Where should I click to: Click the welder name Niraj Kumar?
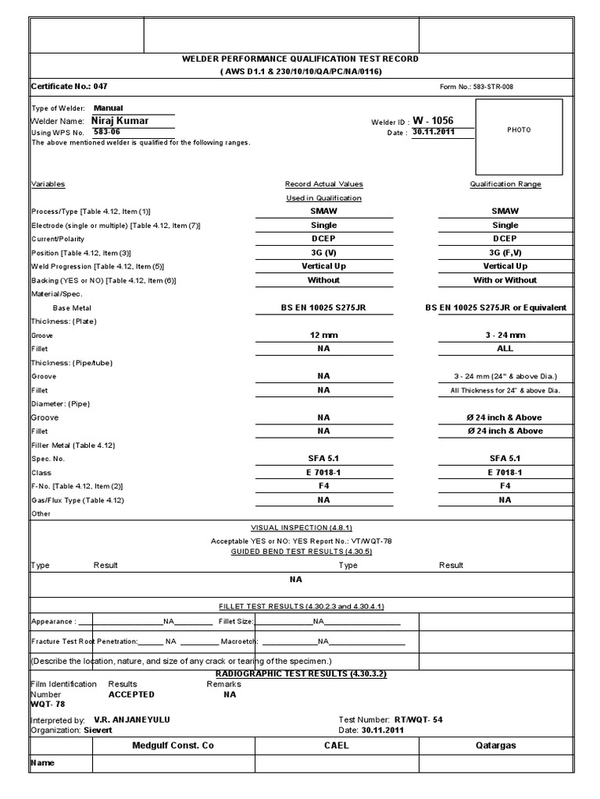pyautogui.click(x=120, y=121)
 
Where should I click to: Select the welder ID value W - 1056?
pyautogui.click(x=433, y=121)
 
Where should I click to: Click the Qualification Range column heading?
pyautogui.click(x=505, y=184)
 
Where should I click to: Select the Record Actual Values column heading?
pyautogui.click(x=323, y=184)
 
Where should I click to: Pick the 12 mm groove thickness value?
pyautogui.click(x=323, y=335)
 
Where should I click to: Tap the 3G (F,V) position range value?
pyautogui.click(x=505, y=253)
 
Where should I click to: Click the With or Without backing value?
pyautogui.click(x=505, y=280)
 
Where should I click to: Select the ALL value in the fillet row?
pyautogui.click(x=505, y=349)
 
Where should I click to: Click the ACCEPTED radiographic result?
pyautogui.click(x=131, y=694)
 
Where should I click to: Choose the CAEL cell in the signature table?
pyautogui.click(x=337, y=745)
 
